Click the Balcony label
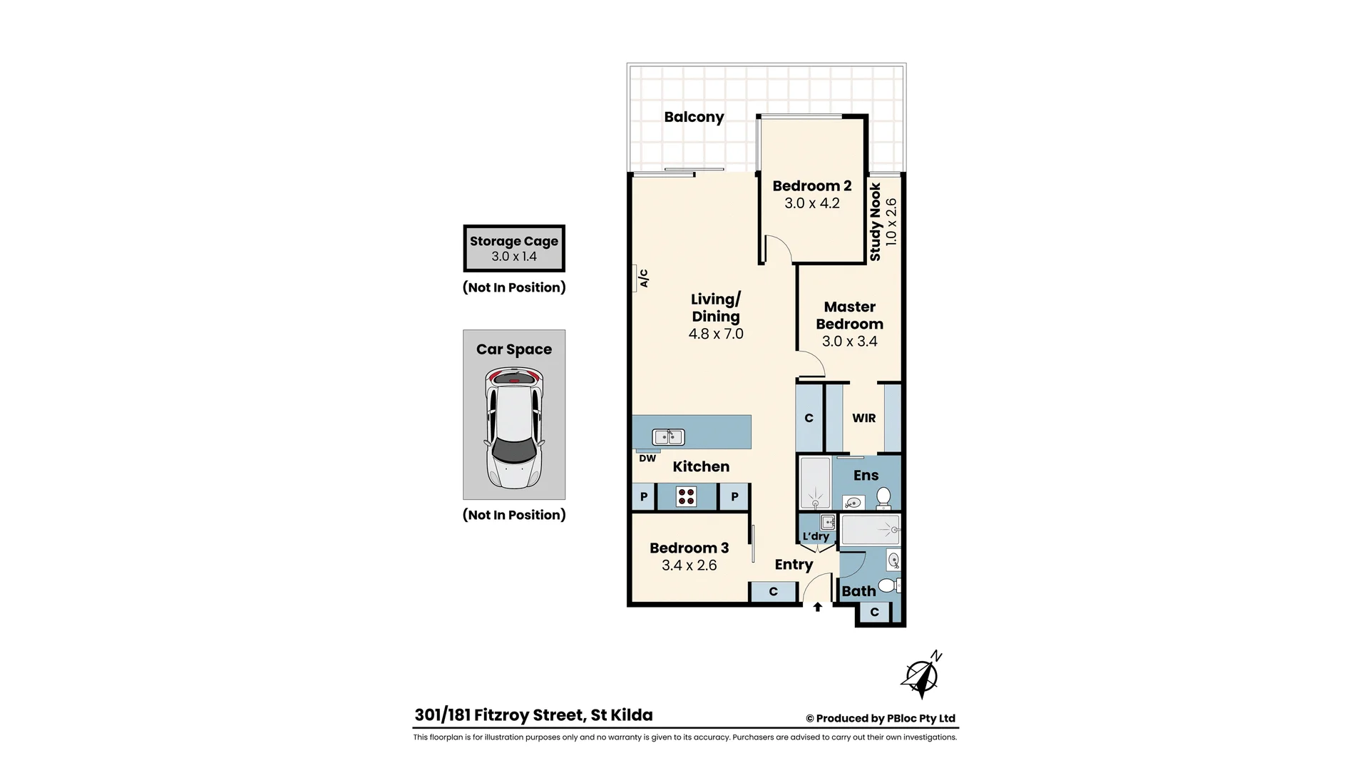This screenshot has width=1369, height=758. tap(694, 117)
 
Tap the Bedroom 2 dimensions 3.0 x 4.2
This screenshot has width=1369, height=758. tap(812, 203)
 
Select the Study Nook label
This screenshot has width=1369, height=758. tap(876, 222)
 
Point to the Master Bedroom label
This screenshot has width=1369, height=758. tap(849, 315)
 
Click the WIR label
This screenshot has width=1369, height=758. tap(863, 419)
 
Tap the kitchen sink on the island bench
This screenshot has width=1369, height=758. tap(668, 436)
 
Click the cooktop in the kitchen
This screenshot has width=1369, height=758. tap(687, 496)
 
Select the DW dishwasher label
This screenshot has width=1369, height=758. tap(647, 459)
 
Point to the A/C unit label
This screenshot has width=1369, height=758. tap(643, 278)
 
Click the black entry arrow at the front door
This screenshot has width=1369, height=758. tap(818, 608)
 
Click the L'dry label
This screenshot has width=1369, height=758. tap(816, 537)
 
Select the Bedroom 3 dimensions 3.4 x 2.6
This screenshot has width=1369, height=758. tap(689, 565)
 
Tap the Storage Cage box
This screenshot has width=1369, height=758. tap(514, 248)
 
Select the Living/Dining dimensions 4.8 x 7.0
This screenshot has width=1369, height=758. tap(716, 334)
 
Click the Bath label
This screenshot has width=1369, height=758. tap(858, 591)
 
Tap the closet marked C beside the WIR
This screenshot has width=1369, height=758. tap(809, 419)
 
